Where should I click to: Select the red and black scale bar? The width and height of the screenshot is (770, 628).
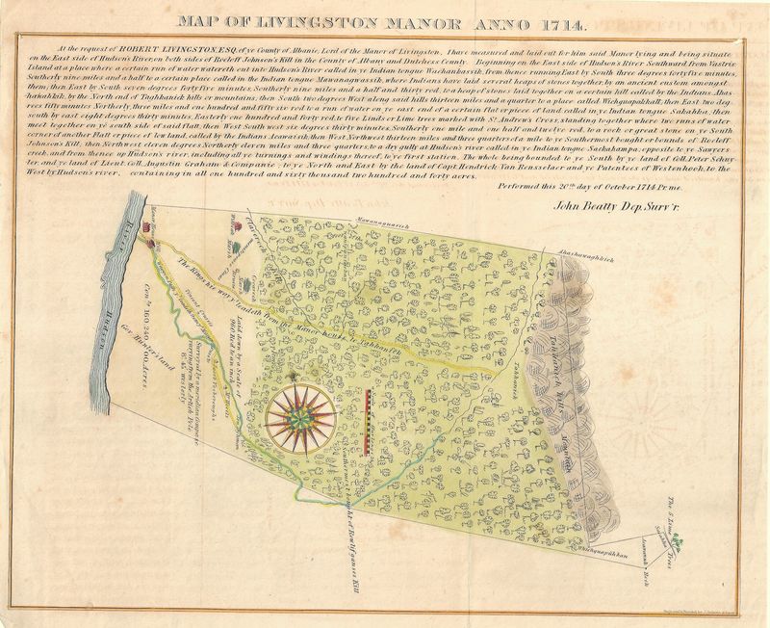click(x=371, y=421)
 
